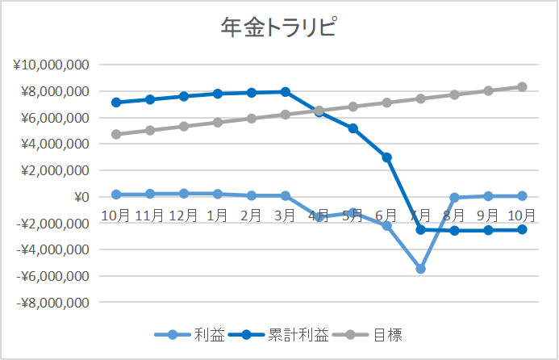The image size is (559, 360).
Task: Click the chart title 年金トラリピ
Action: pos(279,28)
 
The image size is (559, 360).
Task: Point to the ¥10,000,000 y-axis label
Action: pos(51,65)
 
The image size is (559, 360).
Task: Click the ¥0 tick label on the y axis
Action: pos(79,197)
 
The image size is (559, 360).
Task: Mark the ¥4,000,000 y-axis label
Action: pos(53,144)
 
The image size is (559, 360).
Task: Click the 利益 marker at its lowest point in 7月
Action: pos(420,268)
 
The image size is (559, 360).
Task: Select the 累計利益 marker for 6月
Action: pos(387,157)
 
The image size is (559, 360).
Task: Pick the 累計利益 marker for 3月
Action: pos(286,92)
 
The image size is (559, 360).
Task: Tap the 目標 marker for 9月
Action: pos(488,90)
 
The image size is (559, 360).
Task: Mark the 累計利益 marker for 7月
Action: pos(420,230)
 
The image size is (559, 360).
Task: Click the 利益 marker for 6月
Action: pos(387,226)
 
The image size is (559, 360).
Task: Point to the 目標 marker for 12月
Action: pos(184,126)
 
